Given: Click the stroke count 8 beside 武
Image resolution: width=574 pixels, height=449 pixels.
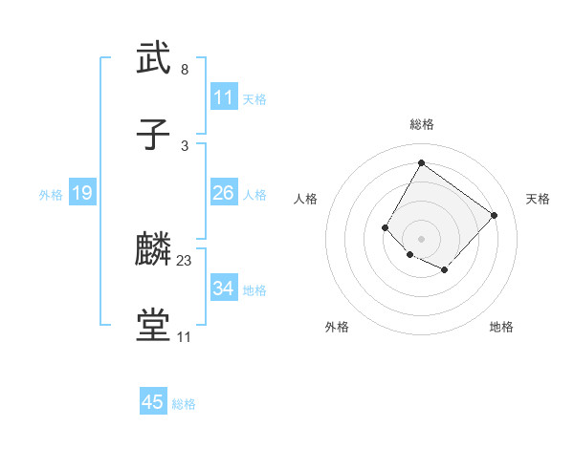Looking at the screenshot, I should point(185,70).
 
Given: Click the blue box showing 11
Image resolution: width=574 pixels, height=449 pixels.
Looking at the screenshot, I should point(224,97).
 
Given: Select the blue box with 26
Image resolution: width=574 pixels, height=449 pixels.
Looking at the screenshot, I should point(224,193).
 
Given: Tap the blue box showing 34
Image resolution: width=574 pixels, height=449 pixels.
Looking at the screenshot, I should point(224,289).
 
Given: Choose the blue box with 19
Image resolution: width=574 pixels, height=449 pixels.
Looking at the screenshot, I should point(82,194).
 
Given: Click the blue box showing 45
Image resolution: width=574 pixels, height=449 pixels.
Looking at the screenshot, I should point(153,402).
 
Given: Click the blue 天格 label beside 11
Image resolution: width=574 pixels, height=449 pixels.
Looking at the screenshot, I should point(254,98).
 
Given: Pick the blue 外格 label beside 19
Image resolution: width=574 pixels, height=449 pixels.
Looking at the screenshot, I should point(51,195).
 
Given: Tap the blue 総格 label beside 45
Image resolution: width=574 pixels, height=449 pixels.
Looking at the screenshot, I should point(184,404).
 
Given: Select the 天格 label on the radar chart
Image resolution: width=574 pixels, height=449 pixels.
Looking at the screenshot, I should point(538,199).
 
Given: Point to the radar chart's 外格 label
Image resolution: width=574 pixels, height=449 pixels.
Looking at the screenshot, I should point(337,327).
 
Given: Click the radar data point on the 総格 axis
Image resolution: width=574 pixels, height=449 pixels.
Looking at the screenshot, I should point(422,162).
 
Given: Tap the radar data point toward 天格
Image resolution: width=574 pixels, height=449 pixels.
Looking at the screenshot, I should point(494,215).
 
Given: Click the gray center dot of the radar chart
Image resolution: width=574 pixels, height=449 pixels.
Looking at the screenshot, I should point(422,238).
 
